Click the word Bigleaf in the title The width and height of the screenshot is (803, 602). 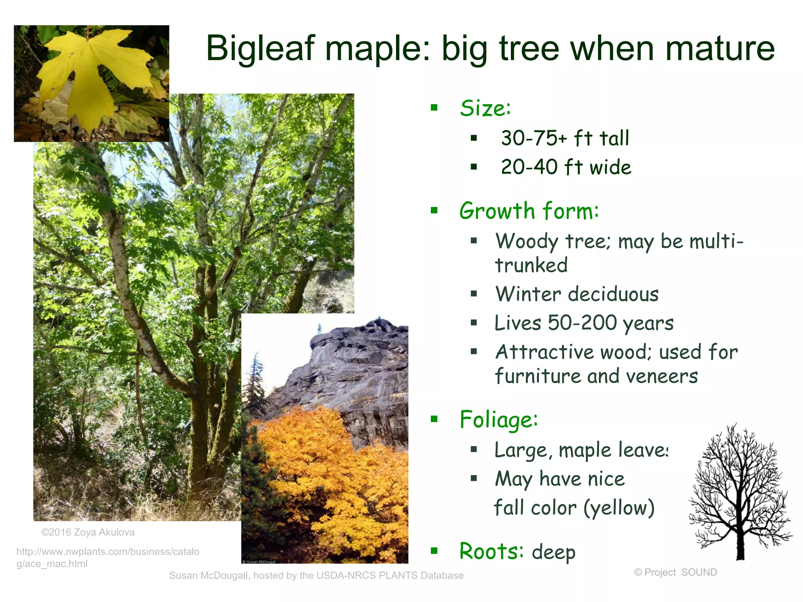(x=260, y=49)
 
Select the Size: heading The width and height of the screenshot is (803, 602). (x=485, y=108)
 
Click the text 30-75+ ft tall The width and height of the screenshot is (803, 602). (x=565, y=138)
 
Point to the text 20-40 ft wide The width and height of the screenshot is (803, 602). (x=566, y=167)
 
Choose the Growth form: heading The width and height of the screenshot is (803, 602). (x=529, y=211)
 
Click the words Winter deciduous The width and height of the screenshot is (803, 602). (x=577, y=294)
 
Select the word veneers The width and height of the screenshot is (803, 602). (x=662, y=376)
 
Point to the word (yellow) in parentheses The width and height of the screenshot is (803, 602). (x=619, y=508)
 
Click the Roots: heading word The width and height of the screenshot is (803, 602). (x=491, y=551)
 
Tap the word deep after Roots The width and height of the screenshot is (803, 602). (x=554, y=552)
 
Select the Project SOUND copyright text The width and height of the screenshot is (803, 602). (x=676, y=572)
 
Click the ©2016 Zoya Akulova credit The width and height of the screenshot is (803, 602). (x=88, y=532)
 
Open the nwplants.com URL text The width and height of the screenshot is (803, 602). (x=107, y=557)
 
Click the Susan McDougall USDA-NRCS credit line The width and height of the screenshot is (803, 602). (x=316, y=575)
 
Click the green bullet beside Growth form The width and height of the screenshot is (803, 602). (x=434, y=211)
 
